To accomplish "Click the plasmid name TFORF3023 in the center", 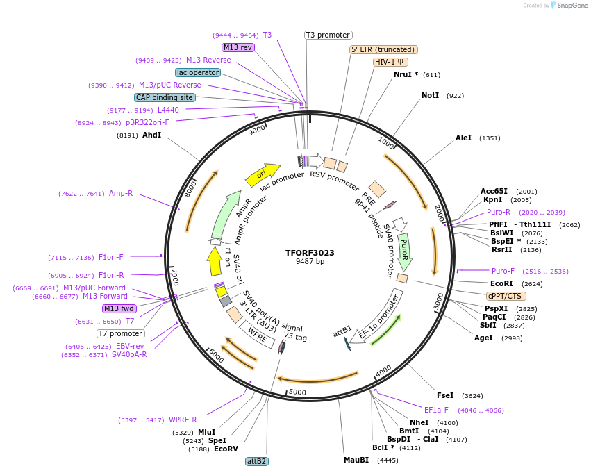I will point(310,253).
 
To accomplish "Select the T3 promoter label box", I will point(328,35).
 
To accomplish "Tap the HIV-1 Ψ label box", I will point(390,62).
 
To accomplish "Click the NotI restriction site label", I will point(430,95).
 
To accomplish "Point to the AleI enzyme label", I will point(463,138).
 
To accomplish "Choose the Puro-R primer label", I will point(498,212).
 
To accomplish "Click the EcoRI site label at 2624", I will point(501,283).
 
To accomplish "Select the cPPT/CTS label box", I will point(506,296).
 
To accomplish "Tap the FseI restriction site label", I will point(445,395).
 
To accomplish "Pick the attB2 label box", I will point(257,461).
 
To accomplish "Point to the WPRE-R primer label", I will point(183,420).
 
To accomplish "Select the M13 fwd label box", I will point(119,308).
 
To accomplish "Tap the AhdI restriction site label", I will point(151,135).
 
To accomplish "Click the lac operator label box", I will point(198,72).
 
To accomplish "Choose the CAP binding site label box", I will point(165,98).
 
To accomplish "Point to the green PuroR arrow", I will point(404,252).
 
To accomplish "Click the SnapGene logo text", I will point(570,6).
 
